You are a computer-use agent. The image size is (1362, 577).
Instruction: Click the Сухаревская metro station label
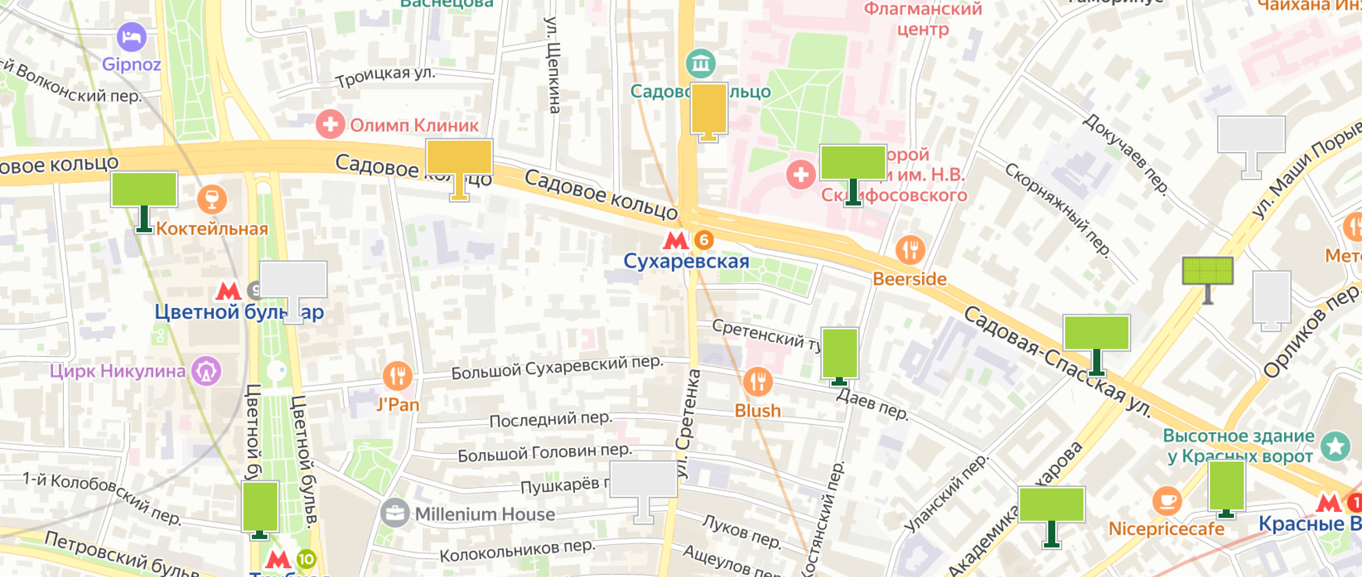pyautogui.click(x=686, y=261)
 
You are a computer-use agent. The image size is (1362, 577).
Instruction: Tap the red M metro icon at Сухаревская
pyautogui.click(x=675, y=240)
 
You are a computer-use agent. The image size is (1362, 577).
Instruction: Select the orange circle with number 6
pyautogui.click(x=704, y=240)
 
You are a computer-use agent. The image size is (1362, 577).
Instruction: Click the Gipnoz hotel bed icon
pyautogui.click(x=131, y=37)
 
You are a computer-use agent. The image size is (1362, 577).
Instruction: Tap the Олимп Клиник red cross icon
pyautogui.click(x=330, y=125)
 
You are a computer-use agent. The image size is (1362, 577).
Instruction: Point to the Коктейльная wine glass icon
pyautogui.click(x=212, y=199)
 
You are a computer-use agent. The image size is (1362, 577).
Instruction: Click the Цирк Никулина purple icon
pyautogui.click(x=206, y=371)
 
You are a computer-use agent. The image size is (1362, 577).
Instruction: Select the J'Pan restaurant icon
pyautogui.click(x=397, y=376)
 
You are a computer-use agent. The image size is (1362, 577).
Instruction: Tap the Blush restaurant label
pyautogui.click(x=757, y=411)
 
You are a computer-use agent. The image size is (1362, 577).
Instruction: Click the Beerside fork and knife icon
pyautogui.click(x=910, y=250)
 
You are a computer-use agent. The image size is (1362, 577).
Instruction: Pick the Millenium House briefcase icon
pyautogui.click(x=395, y=513)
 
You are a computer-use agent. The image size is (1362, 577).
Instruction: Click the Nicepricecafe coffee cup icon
pyautogui.click(x=1166, y=501)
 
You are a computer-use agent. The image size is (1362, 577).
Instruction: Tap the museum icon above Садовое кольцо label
pyautogui.click(x=701, y=63)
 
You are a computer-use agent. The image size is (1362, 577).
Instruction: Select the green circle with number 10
pyautogui.click(x=306, y=559)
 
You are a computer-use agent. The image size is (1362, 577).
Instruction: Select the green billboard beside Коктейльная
pyautogui.click(x=144, y=190)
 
